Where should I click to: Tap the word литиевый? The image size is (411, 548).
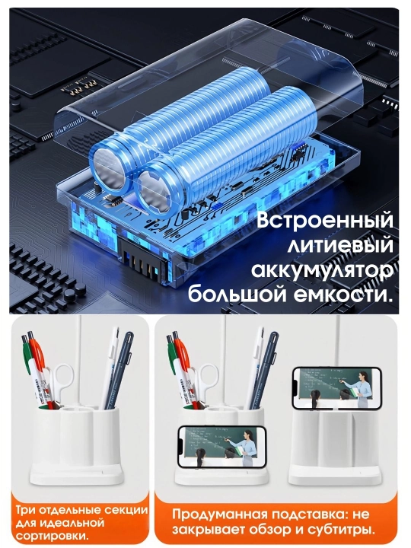pos(340,245)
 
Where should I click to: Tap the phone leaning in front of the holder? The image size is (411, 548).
pos(222,446)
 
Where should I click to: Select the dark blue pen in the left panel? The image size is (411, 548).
pos(119,371)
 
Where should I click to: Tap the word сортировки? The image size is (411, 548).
pos(52,536)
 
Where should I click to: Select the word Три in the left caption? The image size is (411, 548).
pos(26,510)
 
